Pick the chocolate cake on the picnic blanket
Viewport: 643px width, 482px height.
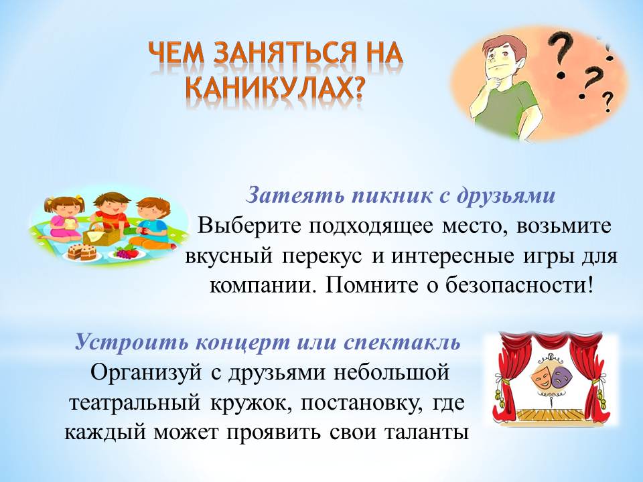tap(82, 251)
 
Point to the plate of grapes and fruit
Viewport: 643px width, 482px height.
tap(127, 252)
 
